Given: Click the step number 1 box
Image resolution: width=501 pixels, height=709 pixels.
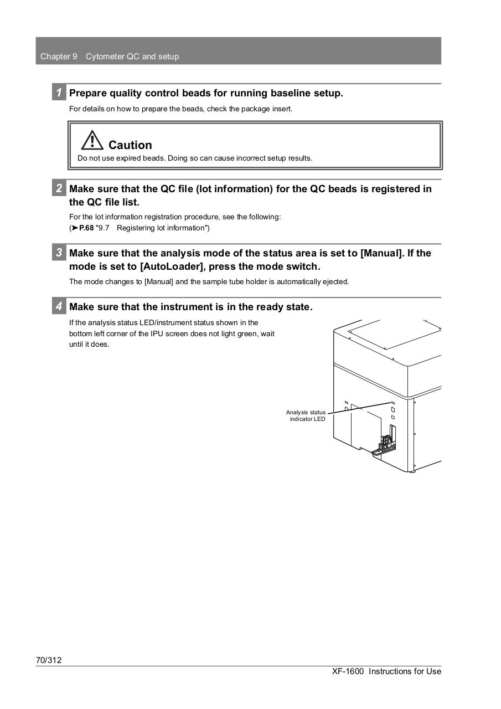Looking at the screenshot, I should pyautogui.click(x=59, y=93).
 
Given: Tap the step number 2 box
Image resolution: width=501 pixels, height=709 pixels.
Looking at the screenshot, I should pyautogui.click(x=59, y=188).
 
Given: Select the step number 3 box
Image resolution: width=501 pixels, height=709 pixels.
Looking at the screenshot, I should pyautogui.click(x=59, y=253).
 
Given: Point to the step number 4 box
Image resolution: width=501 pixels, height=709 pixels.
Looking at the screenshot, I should pyautogui.click(x=59, y=306).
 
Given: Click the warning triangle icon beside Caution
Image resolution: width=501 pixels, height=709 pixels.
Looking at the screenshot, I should pyautogui.click(x=92, y=140).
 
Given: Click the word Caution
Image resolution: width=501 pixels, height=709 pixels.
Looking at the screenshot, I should pyautogui.click(x=130, y=145).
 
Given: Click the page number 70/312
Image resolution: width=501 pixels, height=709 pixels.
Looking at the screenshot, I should pyautogui.click(x=49, y=660).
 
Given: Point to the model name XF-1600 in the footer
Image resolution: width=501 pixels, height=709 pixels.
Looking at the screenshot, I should pyautogui.click(x=348, y=671).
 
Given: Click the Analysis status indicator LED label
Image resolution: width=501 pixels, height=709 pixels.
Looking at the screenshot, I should pyautogui.click(x=306, y=415).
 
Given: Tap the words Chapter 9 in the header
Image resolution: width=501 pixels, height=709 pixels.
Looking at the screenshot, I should pyautogui.click(x=59, y=56).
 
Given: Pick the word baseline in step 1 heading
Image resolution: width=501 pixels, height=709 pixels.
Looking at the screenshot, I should pyautogui.click(x=291, y=93).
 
